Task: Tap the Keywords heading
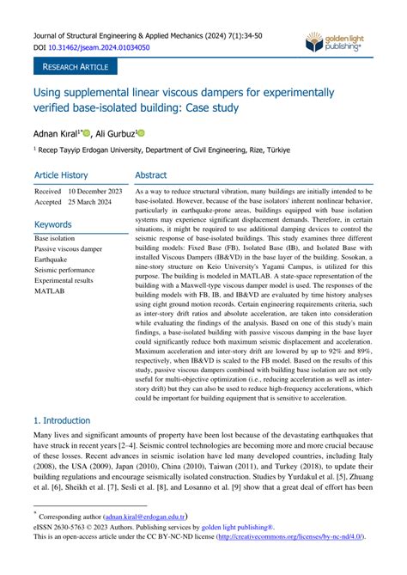point(53,224)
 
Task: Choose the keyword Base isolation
point(55,238)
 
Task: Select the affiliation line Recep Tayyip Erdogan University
point(163,150)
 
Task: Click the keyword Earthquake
point(52,259)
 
